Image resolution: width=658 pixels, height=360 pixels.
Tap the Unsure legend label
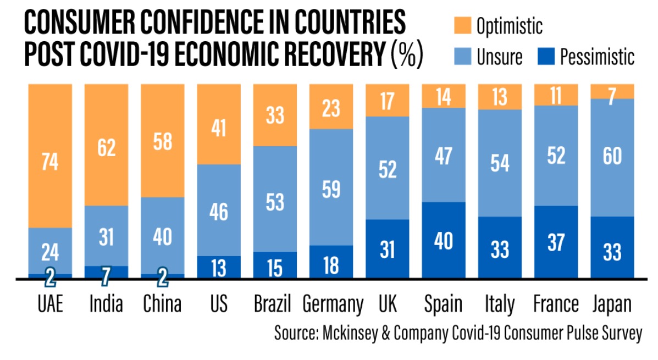point(500,56)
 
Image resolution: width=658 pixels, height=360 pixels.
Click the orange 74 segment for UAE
point(50,163)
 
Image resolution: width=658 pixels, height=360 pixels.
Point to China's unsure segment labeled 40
point(162,236)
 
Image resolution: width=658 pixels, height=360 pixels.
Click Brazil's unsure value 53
point(274,201)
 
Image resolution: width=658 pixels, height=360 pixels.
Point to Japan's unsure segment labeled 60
point(612,157)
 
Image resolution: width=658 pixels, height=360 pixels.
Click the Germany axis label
point(333,304)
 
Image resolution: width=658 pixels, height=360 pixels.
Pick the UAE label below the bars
point(50,304)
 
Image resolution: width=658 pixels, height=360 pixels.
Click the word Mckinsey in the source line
point(357,334)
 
